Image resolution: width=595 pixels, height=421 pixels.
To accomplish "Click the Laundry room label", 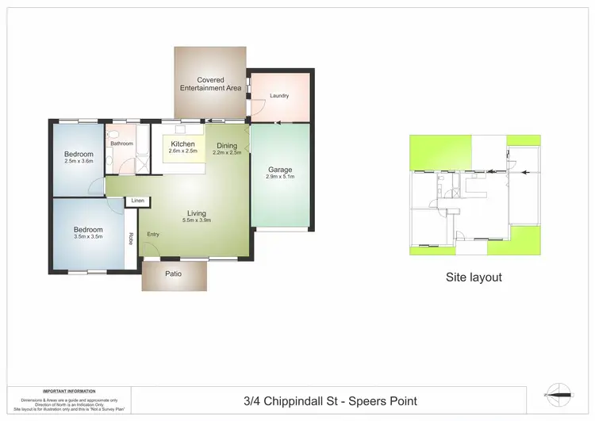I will pos(278,96).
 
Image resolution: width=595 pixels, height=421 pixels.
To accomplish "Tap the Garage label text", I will pos(280,170).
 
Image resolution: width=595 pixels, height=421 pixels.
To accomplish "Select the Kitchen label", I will pos(183,144).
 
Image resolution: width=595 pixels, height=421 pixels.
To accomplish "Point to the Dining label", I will pos(227,145).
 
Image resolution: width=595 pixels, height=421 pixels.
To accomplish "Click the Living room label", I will pos(197,212).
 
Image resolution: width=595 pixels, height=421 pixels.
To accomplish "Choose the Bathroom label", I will pos(121,144).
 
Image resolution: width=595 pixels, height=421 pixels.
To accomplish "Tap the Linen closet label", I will pos(138,201).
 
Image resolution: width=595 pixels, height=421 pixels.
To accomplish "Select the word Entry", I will pos(153,234).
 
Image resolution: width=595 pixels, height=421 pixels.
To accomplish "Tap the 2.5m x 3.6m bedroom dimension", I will pos(79,161).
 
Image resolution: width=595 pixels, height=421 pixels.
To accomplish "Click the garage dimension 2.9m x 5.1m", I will pos(280,178).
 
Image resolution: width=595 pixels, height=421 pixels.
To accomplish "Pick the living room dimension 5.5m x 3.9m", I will pos(197,220).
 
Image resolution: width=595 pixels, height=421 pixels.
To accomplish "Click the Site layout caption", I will pos(474,277).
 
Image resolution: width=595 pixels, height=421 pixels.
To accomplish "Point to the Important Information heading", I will pos(69,391).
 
